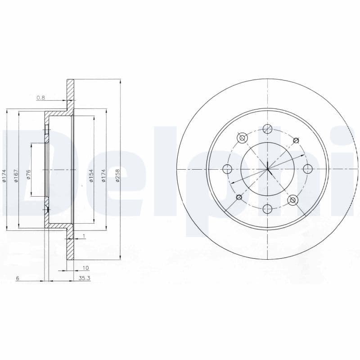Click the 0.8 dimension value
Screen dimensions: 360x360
click(x=40, y=97)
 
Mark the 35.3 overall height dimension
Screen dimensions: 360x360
click(x=85, y=279)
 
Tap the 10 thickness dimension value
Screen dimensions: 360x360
click(x=86, y=268)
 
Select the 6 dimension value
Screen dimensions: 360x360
click(x=17, y=279)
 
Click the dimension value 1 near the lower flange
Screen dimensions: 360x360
click(x=84, y=236)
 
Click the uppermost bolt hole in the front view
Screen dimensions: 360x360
click(x=267, y=128)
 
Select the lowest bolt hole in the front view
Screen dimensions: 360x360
click(x=267, y=209)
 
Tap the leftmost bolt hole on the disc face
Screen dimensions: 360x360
click(x=227, y=169)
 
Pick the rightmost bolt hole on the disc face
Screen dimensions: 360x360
click(x=308, y=169)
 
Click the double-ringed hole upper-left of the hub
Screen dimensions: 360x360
click(x=243, y=138)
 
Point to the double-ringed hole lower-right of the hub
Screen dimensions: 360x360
click(x=292, y=200)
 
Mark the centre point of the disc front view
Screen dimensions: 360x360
click(x=267, y=169)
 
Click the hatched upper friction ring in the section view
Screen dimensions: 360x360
click(x=70, y=94)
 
